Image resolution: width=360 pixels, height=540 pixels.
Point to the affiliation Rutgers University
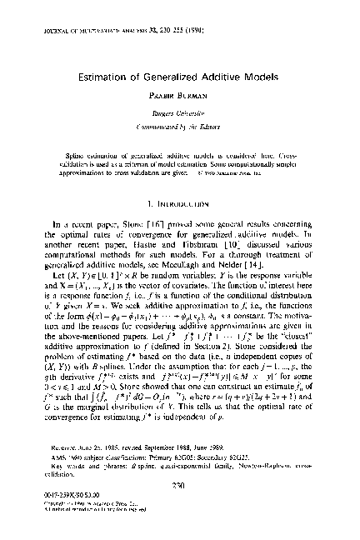179,112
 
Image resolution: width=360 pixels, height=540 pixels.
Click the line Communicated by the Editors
179,124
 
